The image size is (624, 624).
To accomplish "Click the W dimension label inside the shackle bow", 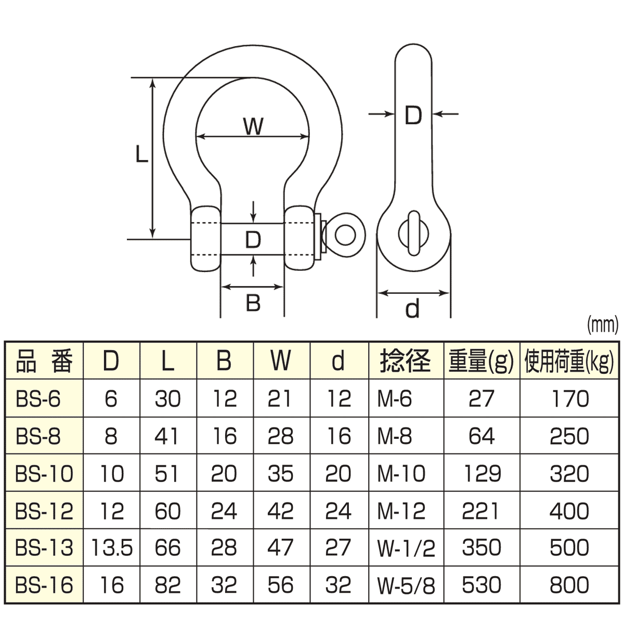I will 253,126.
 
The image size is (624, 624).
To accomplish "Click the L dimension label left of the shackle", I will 141,154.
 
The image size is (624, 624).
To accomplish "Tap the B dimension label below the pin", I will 253,303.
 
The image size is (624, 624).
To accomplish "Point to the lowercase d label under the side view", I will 412,309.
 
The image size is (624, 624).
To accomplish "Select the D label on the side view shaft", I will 413,115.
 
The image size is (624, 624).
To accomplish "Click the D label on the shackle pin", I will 253,240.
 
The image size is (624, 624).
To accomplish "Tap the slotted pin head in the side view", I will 413,233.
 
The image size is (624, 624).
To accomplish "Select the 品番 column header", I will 44,360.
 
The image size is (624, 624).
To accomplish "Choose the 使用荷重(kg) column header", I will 569,360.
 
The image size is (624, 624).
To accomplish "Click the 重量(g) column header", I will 481,360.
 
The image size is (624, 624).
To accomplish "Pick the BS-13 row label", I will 44,548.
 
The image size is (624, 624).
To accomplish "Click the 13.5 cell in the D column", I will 112,548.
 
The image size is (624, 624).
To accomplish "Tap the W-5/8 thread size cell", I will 406,586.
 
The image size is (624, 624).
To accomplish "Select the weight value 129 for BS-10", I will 482,474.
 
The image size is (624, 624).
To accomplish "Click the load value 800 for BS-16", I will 569,586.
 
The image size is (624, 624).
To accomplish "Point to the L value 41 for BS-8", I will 167,436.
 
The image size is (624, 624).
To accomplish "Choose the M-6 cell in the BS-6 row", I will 395,399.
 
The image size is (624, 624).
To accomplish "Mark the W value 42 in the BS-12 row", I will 280,511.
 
